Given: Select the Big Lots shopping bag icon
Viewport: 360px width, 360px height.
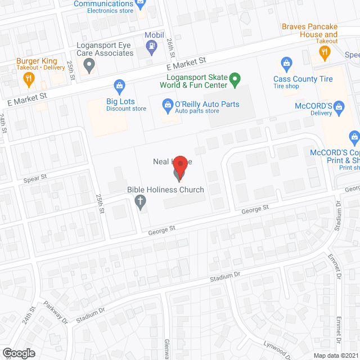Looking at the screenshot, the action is (119, 86).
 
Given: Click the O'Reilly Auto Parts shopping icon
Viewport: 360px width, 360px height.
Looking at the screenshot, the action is (167, 104).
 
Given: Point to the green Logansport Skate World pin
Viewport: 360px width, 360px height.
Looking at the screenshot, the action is (237, 79).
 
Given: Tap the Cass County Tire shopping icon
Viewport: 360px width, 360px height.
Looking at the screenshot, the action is (285, 62).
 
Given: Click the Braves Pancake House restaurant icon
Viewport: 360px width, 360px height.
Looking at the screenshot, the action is (324, 53).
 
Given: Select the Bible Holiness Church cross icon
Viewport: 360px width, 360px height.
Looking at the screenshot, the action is (141, 204).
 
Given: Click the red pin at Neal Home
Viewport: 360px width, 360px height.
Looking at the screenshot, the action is (180, 166).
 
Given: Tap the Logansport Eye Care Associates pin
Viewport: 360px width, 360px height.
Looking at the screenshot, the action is (88, 67).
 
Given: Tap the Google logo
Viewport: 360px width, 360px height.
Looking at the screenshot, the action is (19, 353).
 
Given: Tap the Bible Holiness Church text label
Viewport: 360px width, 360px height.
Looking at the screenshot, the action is (165, 190).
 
